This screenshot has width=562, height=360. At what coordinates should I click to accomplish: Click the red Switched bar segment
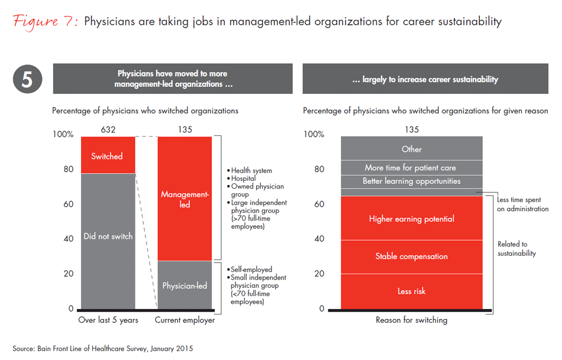pyautogui.click(x=107, y=155)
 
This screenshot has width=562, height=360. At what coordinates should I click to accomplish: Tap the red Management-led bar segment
pyautogui.click(x=185, y=199)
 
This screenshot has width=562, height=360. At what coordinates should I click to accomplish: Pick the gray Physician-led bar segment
pyautogui.click(x=185, y=286)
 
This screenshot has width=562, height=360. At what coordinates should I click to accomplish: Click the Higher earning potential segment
pyautogui.click(x=412, y=219)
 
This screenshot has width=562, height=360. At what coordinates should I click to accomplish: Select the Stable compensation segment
pyautogui.click(x=412, y=257)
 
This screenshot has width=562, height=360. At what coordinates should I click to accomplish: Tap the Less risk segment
pyautogui.click(x=412, y=291)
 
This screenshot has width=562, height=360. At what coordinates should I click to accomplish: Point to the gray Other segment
pyautogui.click(x=412, y=149)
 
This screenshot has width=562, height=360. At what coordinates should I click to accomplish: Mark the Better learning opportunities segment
pyautogui.click(x=412, y=181)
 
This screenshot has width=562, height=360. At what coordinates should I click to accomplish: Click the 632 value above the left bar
pyautogui.click(x=107, y=129)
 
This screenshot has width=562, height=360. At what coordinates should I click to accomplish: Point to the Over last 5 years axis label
pyautogui.click(x=108, y=320)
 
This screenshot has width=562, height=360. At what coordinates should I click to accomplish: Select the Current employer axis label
pyautogui.click(x=185, y=320)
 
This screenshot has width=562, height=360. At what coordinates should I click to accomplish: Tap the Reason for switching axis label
pyautogui.click(x=412, y=320)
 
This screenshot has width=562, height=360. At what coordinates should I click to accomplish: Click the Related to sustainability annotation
pyautogui.click(x=516, y=248)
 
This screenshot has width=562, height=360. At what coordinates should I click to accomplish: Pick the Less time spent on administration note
pyautogui.click(x=522, y=205)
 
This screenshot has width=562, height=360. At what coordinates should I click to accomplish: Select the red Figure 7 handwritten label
pyautogui.click(x=45, y=22)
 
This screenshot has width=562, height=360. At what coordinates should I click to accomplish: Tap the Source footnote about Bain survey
pyautogui.click(x=102, y=349)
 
